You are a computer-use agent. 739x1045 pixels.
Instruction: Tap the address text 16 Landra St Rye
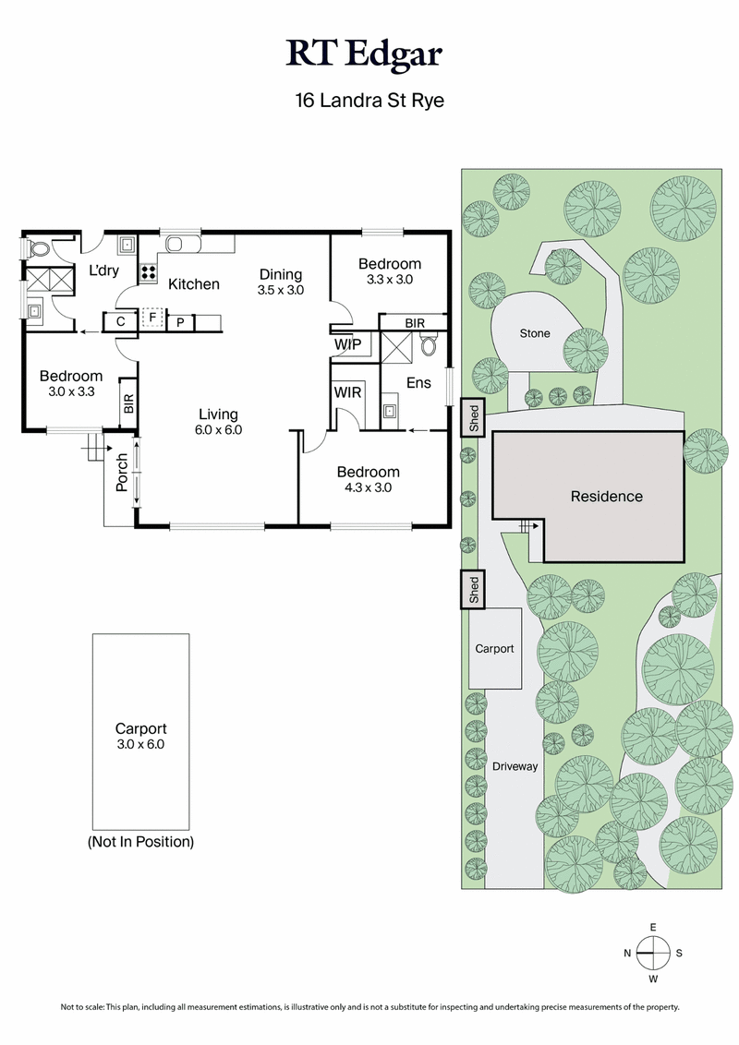click(369, 101)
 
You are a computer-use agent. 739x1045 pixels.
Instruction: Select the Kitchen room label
click(193, 284)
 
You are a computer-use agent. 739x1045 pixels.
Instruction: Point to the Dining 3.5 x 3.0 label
click(280, 282)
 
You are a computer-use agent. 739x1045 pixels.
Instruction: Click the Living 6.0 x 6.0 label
click(217, 422)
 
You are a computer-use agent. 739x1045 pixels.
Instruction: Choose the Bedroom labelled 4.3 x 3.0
click(368, 479)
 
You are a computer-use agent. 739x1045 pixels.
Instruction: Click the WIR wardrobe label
click(347, 392)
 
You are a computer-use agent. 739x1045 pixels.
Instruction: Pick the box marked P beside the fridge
click(181, 321)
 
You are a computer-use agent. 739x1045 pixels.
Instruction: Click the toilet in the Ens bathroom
click(429, 346)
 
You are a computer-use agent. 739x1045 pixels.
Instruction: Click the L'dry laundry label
click(103, 271)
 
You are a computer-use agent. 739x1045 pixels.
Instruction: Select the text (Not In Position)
click(140, 842)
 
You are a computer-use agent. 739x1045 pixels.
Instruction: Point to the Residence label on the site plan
click(606, 497)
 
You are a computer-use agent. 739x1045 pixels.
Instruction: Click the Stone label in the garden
click(535, 333)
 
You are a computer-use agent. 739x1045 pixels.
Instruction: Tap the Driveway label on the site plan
click(515, 766)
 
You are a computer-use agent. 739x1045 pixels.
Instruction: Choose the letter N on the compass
click(627, 952)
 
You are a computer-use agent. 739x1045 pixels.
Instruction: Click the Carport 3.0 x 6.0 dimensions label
click(140, 736)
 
